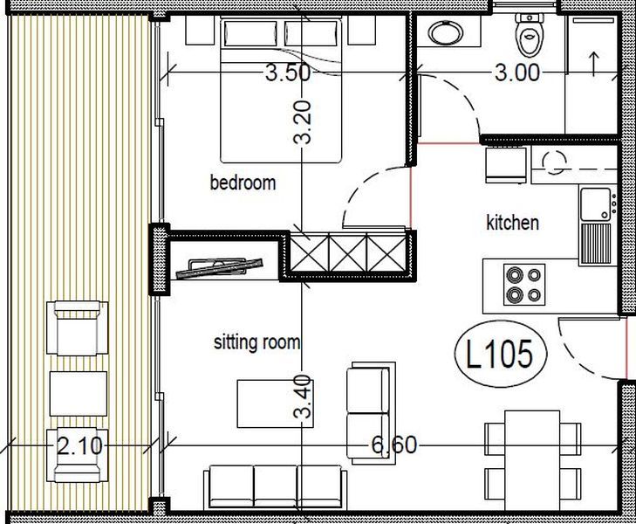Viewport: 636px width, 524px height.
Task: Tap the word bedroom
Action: pyautogui.click(x=243, y=183)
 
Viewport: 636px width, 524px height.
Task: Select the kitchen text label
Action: pyautogui.click(x=512, y=223)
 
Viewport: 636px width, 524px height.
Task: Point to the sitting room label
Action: pyautogui.click(x=256, y=342)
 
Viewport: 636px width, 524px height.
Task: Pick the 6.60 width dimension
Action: pyautogui.click(x=394, y=445)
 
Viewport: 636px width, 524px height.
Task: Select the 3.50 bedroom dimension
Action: pyautogui.click(x=287, y=73)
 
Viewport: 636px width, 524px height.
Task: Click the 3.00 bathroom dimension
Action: pyautogui.click(x=516, y=73)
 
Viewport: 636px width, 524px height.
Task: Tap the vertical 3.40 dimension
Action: pyautogui.click(x=302, y=397)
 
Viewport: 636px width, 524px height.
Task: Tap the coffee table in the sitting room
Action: pyautogui.click(x=266, y=403)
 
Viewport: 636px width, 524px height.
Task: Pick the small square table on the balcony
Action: pyautogui.click(x=78, y=393)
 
